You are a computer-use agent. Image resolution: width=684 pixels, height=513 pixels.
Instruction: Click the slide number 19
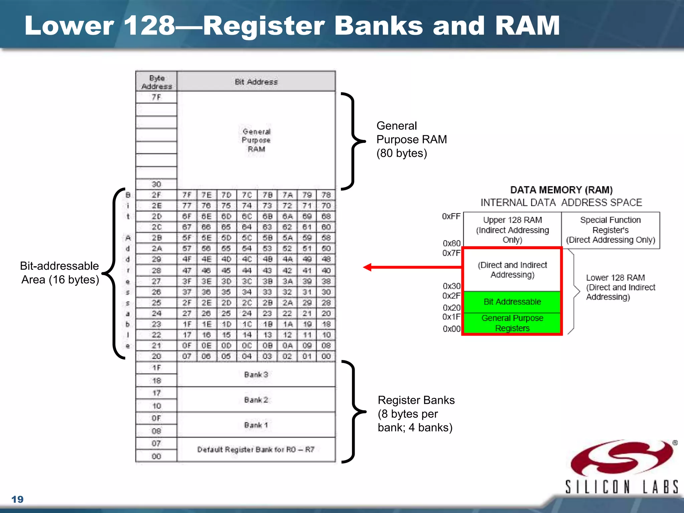point(17,499)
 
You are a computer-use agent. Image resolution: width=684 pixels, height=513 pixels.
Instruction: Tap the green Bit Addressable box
point(512,302)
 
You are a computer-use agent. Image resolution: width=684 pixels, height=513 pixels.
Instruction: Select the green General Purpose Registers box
point(512,323)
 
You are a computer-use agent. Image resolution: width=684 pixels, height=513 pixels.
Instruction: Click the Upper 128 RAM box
point(512,230)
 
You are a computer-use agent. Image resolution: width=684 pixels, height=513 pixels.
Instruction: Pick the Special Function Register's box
point(610,230)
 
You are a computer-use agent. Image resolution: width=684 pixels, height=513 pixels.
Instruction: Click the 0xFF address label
point(451,216)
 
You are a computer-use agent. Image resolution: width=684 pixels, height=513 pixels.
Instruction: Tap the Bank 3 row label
point(256,375)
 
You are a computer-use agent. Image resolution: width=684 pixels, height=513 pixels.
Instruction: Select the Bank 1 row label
point(256,425)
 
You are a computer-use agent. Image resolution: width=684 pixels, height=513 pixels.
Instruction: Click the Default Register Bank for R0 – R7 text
point(256,450)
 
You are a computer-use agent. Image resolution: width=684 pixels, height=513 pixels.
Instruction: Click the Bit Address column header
point(256,82)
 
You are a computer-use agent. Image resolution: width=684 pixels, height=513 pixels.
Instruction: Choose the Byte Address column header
point(157,82)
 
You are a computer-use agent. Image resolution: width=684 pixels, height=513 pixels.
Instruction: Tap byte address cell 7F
point(156,97)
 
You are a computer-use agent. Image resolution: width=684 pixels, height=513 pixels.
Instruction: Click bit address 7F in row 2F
point(187,195)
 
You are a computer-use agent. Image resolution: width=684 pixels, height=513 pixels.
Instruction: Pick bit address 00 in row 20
point(326,356)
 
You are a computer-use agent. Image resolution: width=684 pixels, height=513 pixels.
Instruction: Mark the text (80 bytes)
point(402,153)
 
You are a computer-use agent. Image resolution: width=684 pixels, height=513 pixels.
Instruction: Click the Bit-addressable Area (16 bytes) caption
point(60,273)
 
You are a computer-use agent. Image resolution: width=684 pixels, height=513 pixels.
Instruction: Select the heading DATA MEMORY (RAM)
point(561,190)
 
